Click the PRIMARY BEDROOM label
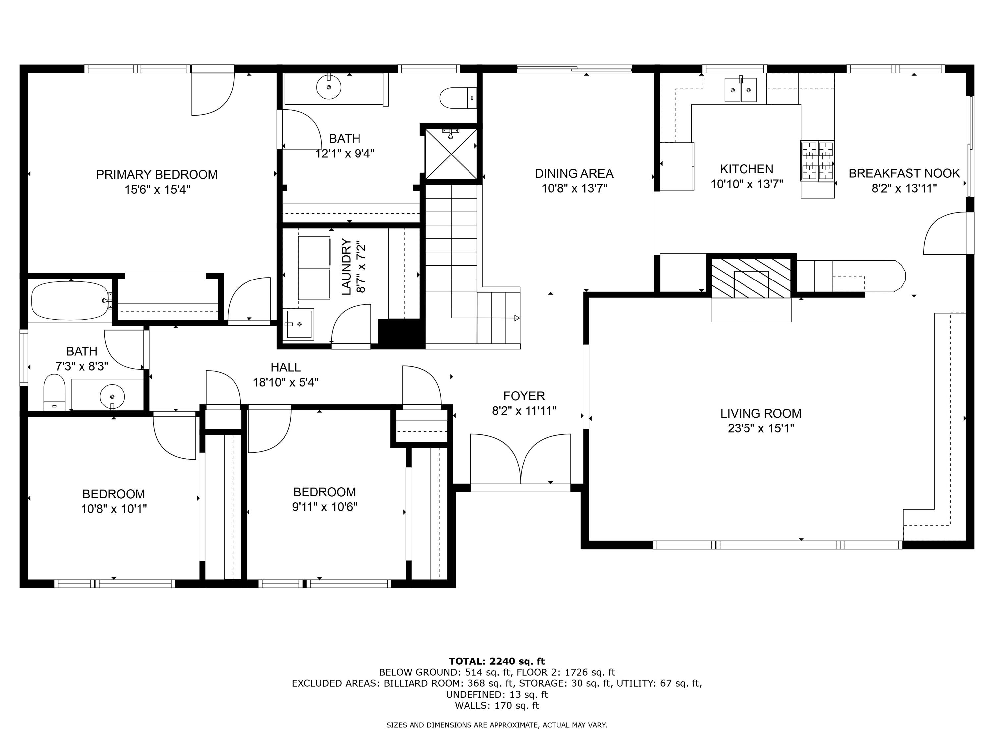156,174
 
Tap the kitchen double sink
740,90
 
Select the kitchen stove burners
817,161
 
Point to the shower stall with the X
451,154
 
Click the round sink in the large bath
328,87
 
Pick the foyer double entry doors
521,460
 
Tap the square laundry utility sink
299,324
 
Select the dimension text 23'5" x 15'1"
760,428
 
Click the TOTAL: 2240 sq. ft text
497,661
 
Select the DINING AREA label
574,173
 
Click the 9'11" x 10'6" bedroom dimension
324,507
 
